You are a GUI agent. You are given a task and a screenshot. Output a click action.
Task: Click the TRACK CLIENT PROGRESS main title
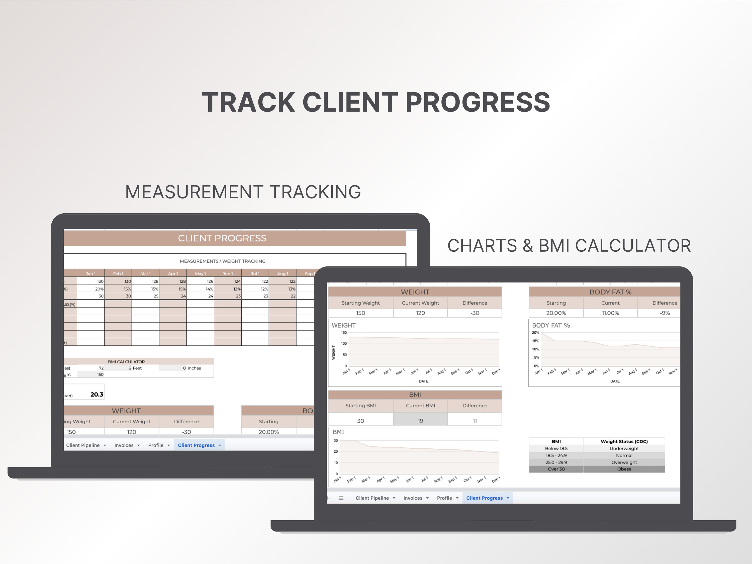pos(376,102)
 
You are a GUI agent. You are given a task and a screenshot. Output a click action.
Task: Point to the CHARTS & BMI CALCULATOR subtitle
pos(569,245)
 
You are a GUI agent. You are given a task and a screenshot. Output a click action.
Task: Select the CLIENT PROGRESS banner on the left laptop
pos(222,238)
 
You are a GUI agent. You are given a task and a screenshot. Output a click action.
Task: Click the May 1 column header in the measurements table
pos(200,273)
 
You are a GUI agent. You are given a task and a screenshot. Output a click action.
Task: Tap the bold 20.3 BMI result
pos(97,394)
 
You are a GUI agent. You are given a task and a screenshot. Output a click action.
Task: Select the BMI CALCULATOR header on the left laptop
pos(126,362)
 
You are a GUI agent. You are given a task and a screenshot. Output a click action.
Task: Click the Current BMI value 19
pos(420,421)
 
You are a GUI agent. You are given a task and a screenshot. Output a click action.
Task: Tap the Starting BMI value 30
pos(360,421)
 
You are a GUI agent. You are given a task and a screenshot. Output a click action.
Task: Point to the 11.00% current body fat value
pos(610,313)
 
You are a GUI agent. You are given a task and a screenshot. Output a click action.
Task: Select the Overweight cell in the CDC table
pos(624,462)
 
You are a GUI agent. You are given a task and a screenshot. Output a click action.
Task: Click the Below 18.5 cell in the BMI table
pos(556,448)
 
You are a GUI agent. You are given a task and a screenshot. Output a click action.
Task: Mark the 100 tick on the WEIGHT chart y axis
pos(344,344)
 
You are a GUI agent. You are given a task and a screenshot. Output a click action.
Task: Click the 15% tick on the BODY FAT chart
pos(535,341)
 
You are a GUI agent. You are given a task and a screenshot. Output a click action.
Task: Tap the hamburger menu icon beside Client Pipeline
pos(341,498)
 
